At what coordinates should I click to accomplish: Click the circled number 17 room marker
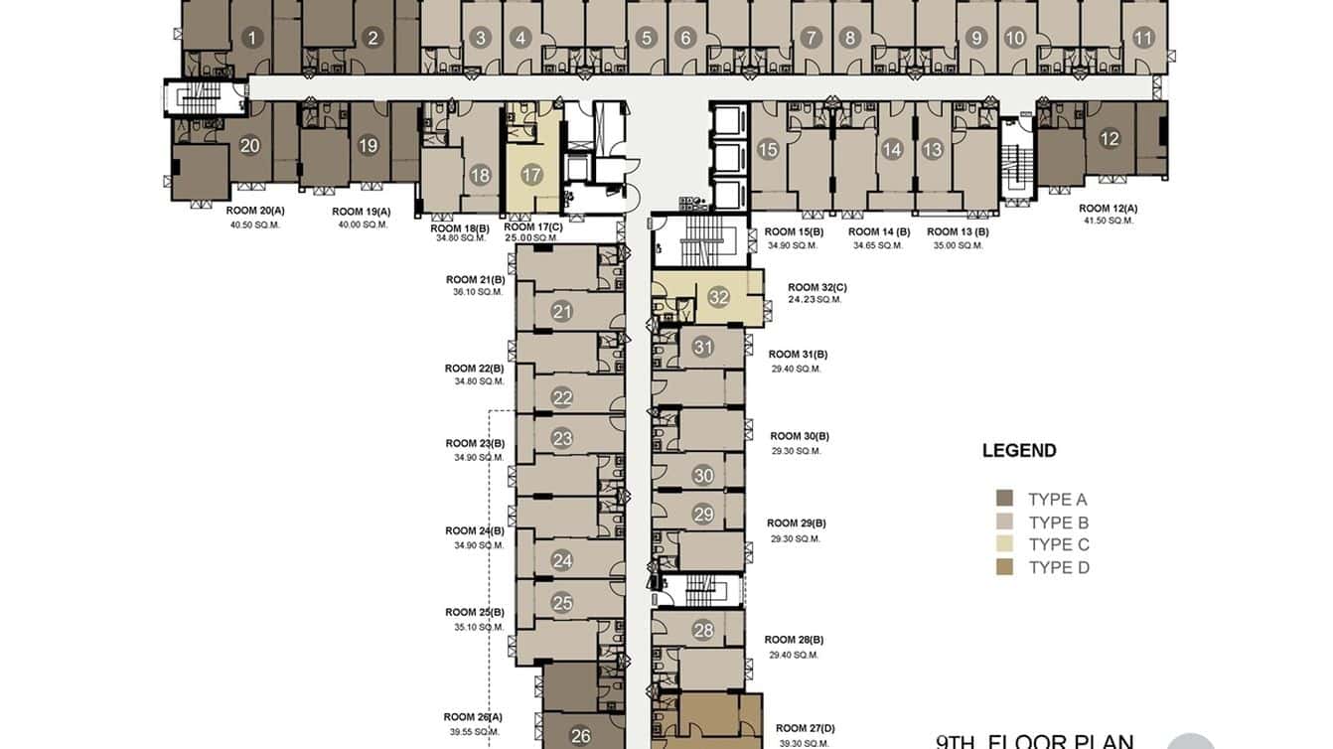[x=531, y=175]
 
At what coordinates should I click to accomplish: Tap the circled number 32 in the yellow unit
[x=719, y=297]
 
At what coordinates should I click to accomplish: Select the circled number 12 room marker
[x=1110, y=139]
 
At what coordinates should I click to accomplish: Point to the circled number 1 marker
[x=252, y=39]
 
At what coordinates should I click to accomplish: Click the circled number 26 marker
[x=581, y=736]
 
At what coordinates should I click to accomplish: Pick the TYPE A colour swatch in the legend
[x=1004, y=499]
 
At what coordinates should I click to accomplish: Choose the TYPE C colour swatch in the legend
[x=1004, y=544]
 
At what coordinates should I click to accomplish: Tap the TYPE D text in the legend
[x=1059, y=567]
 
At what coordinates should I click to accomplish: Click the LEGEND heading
[x=1019, y=450]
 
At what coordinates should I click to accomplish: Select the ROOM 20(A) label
[x=255, y=211]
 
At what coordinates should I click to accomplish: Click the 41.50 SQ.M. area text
[x=1108, y=221]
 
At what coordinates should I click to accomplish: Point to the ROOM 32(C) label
[x=817, y=286]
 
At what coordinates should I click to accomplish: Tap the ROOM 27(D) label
[x=806, y=728]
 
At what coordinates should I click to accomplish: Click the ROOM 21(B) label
[x=475, y=279]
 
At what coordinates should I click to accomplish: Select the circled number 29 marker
[x=703, y=514]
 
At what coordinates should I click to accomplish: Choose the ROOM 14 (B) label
[x=879, y=231]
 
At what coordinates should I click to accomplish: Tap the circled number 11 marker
[x=1143, y=39]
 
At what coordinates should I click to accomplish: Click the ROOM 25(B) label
[x=475, y=612]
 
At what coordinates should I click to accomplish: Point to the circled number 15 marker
[x=768, y=150]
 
